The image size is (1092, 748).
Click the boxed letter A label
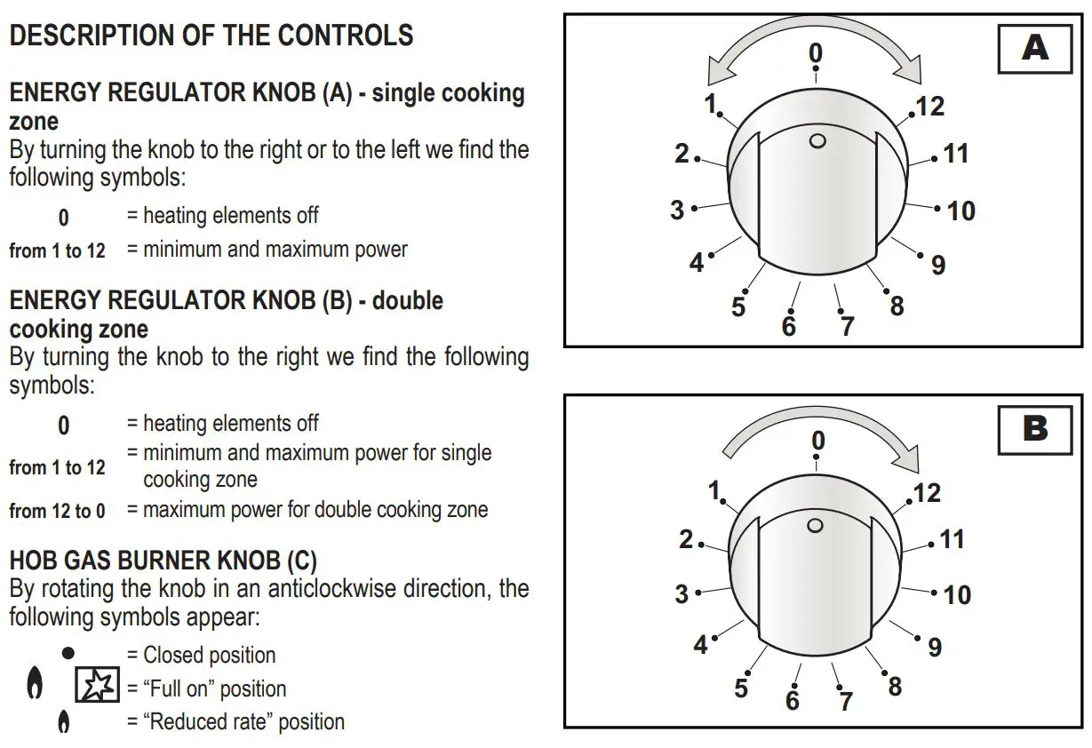[x=1035, y=48]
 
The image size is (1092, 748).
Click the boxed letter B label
[x=1035, y=429]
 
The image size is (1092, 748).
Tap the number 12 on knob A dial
[x=929, y=107]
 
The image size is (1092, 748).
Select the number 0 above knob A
[x=816, y=53]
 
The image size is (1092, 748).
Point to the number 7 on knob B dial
[x=846, y=700]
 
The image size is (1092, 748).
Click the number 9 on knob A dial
[x=938, y=264]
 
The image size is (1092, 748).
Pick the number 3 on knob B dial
[x=682, y=593]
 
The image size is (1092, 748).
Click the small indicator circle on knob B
[x=815, y=526]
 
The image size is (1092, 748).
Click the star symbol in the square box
[x=97, y=686]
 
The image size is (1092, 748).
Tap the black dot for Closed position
[x=68, y=653]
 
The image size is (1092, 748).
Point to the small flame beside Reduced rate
[x=63, y=721]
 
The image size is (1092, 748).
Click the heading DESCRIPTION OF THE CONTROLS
[x=211, y=36]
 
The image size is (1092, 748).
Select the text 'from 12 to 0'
[x=57, y=511]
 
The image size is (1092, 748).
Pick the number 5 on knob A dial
[x=738, y=307]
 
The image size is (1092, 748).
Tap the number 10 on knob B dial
[x=957, y=594]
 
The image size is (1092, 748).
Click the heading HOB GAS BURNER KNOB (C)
[x=163, y=561]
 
